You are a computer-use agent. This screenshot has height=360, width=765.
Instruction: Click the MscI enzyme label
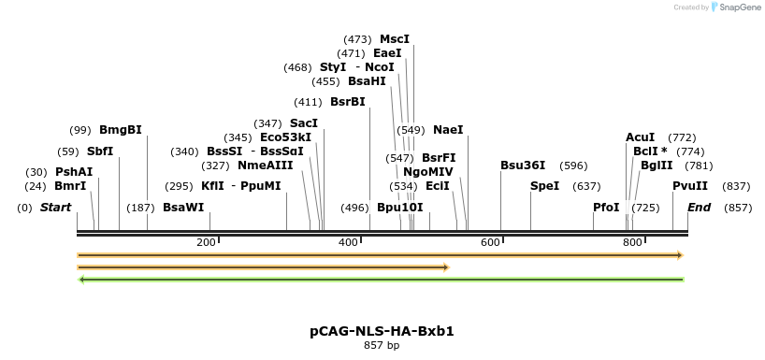(394, 39)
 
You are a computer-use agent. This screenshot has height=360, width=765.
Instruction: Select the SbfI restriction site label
(100, 151)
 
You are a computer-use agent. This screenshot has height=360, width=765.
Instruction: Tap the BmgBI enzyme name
(121, 130)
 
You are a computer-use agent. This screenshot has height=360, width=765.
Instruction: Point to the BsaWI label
(183, 208)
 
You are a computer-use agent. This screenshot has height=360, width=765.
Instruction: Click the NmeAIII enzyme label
(265, 166)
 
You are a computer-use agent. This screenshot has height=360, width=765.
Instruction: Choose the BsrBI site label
(347, 102)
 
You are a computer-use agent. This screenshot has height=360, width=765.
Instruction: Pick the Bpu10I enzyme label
(400, 208)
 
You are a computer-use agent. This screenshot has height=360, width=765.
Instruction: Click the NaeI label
(448, 130)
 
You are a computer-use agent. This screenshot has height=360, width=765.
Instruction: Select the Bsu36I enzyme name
(523, 166)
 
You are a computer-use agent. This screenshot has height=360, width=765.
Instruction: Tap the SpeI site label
(544, 186)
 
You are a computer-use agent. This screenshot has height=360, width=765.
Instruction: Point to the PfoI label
(606, 208)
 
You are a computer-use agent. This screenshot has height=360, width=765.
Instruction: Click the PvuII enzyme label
(690, 186)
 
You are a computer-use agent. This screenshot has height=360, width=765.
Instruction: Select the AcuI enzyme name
(640, 137)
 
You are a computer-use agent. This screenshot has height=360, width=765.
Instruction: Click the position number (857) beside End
(738, 208)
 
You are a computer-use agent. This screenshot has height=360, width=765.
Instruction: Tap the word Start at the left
(55, 208)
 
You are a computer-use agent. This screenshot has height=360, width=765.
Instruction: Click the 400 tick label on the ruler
(349, 243)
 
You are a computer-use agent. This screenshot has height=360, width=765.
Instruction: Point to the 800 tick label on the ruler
(632, 243)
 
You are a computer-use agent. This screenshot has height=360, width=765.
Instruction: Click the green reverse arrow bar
(382, 279)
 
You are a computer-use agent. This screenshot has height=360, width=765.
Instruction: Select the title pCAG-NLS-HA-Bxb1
(382, 331)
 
